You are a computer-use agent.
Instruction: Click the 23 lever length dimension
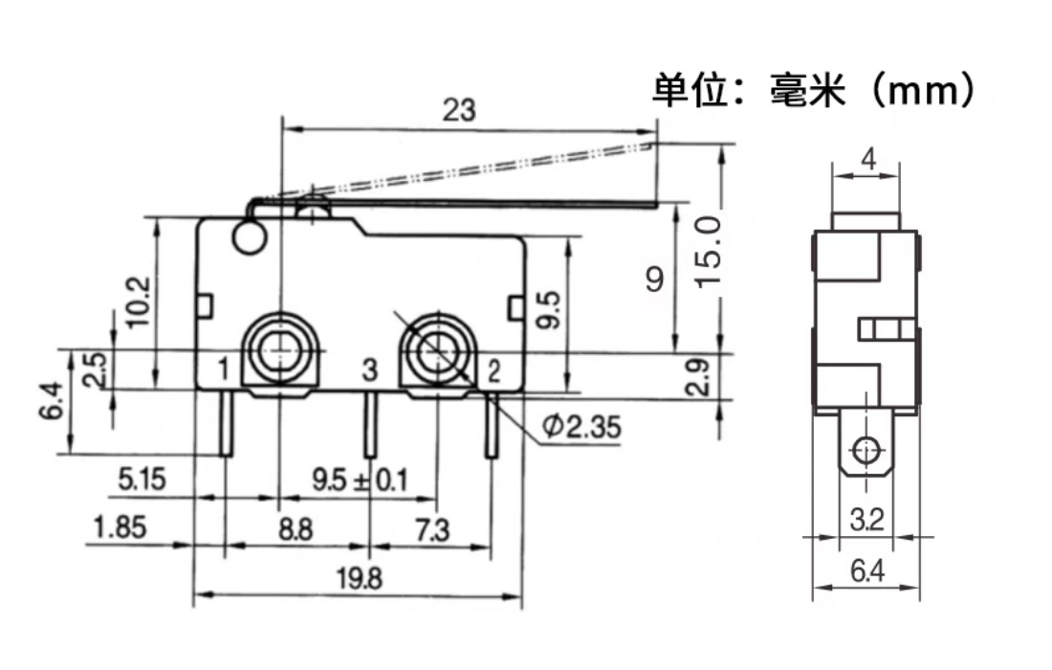click(459, 110)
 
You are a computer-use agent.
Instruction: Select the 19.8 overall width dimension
click(359, 578)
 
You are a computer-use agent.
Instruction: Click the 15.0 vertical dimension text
click(709, 251)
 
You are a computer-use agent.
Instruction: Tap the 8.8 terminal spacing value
click(297, 528)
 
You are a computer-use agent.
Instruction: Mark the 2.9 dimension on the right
click(700, 377)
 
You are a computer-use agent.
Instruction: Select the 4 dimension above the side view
click(867, 160)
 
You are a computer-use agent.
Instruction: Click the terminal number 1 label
click(222, 368)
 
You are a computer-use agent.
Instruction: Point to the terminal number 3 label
click(370, 368)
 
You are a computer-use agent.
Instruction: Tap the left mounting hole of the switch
click(279, 350)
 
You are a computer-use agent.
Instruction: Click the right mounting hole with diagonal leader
click(437, 350)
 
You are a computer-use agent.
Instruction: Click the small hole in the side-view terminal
click(866, 448)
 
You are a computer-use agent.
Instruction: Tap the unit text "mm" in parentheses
click(923, 91)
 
